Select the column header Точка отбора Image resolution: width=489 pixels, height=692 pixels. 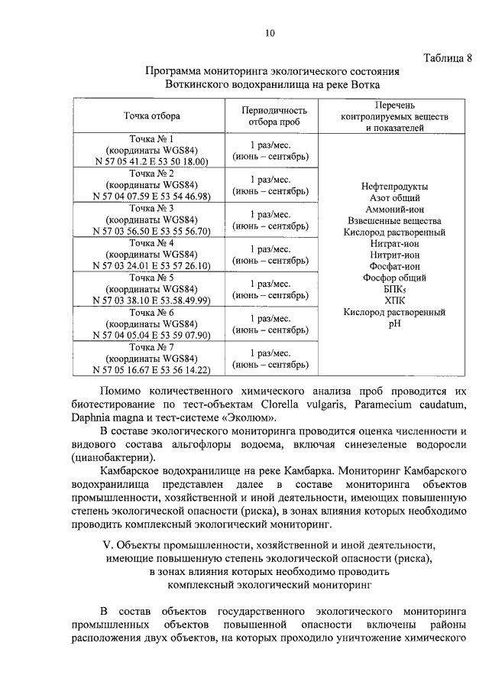151,116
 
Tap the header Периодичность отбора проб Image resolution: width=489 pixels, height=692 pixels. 270,116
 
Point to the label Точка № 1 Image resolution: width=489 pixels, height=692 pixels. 151,139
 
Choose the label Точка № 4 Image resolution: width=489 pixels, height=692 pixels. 151,244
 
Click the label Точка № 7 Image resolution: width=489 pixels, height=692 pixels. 151,348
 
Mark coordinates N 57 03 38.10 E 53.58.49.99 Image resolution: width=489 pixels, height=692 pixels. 151,300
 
